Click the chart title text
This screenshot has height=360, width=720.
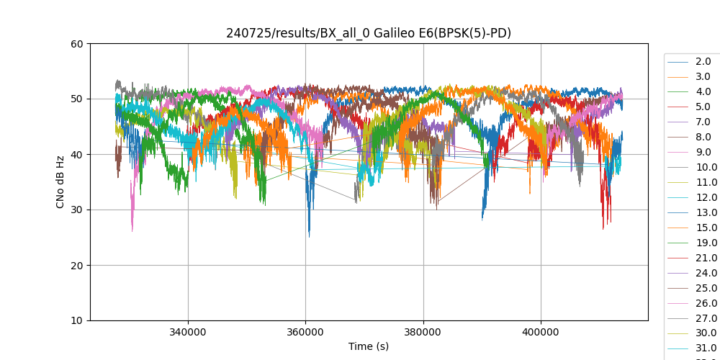click(369, 33)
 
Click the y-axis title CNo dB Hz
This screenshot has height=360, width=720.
click(61, 182)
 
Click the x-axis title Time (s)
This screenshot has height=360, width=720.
click(369, 346)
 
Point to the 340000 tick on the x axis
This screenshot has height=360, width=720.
click(188, 333)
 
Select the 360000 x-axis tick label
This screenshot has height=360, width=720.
click(305, 333)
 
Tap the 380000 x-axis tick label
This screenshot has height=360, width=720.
click(423, 333)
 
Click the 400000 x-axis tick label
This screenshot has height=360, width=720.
click(541, 333)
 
